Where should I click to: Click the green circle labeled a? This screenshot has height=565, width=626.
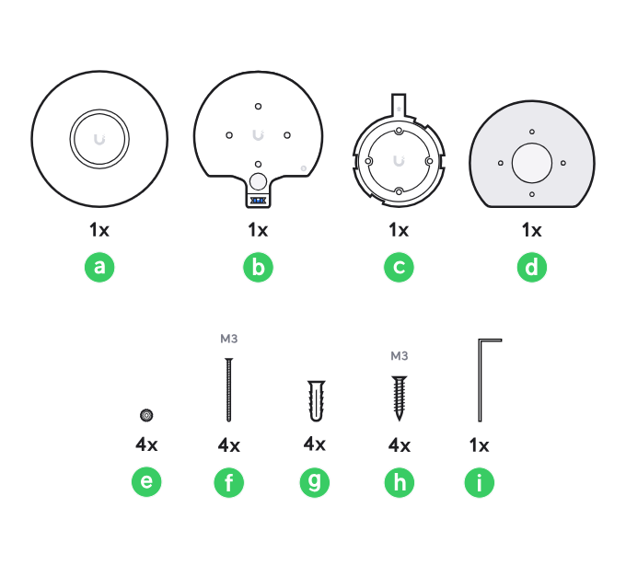pos(99,267)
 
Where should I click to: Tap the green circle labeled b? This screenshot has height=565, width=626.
pos(258,267)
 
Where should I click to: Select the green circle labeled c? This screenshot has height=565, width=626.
pos(399,267)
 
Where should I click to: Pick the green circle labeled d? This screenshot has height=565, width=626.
pos(532,267)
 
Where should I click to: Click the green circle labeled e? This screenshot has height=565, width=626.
pos(146,481)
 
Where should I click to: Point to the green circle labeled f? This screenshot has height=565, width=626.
pos(228,482)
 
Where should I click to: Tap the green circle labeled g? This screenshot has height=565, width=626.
pos(315,482)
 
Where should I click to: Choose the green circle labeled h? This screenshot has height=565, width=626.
pos(400,482)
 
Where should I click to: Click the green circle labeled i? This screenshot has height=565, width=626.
pos(479,482)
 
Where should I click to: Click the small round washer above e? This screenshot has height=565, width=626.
pos(146,415)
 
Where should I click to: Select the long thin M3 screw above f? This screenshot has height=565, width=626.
pos(228,389)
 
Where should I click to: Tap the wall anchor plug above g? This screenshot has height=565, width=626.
pos(316,400)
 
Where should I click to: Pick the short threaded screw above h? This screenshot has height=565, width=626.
pos(400,398)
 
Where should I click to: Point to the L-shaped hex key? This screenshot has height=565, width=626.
pos(480,383)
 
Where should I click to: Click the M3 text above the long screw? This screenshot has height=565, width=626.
pos(228,339)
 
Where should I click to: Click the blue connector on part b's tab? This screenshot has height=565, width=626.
pos(258,201)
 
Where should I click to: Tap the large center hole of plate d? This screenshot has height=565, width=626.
pos(532,163)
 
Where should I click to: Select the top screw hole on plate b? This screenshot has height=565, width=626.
pos(258,106)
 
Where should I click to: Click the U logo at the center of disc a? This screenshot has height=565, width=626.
pos(99,139)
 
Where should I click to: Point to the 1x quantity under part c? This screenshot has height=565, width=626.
pos(399,230)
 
